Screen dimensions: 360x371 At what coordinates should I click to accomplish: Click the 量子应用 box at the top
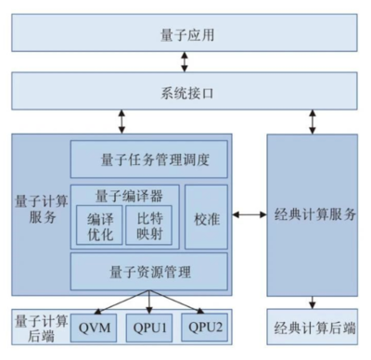tap(185, 34)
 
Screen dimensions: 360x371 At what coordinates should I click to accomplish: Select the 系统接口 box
tap(185, 92)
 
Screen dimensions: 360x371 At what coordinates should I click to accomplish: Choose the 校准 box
tap(206, 217)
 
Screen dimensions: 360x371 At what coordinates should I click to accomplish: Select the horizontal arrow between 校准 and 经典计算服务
tap(249, 215)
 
